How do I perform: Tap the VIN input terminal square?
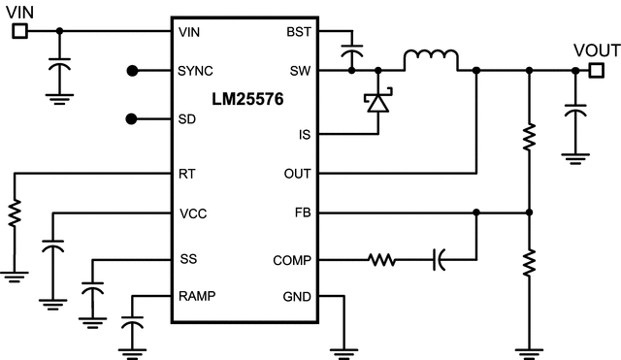[18, 31]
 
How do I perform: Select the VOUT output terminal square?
[596, 70]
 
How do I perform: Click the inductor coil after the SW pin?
[430, 60]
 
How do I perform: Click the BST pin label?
[298, 31]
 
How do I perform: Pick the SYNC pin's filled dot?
[133, 71]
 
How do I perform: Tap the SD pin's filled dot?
[133, 119]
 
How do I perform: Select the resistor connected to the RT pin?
[15, 214]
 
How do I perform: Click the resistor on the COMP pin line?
[381, 259]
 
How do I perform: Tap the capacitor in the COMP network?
[439, 259]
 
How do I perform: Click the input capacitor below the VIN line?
[60, 70]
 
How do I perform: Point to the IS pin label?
[304, 135]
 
